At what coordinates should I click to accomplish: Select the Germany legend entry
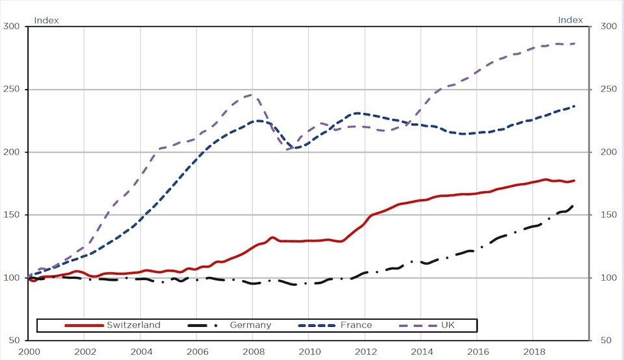(x=250, y=325)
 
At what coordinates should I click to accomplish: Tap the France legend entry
(x=355, y=325)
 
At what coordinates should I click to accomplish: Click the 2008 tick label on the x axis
(x=253, y=351)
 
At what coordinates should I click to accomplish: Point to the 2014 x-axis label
(x=421, y=351)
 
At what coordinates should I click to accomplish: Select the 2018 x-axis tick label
(x=532, y=351)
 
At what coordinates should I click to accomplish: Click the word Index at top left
(x=46, y=20)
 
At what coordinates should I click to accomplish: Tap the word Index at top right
(x=571, y=20)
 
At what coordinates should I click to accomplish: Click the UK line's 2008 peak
(x=253, y=95)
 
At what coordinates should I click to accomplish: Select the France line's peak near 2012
(x=357, y=114)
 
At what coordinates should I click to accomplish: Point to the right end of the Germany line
(x=573, y=207)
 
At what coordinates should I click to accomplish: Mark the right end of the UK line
(x=575, y=44)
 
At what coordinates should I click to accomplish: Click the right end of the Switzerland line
(x=575, y=181)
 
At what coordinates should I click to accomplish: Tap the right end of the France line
(x=575, y=106)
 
